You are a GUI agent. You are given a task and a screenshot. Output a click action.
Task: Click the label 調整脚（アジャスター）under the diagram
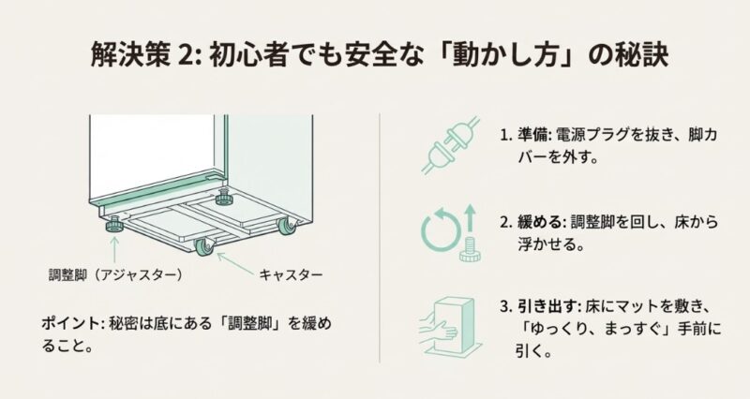tap(114, 275)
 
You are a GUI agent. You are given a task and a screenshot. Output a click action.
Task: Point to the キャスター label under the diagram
tap(292, 275)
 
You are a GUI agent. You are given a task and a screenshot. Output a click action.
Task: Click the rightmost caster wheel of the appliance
tap(283, 225)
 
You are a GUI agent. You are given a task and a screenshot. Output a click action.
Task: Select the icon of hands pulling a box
tap(450, 322)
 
